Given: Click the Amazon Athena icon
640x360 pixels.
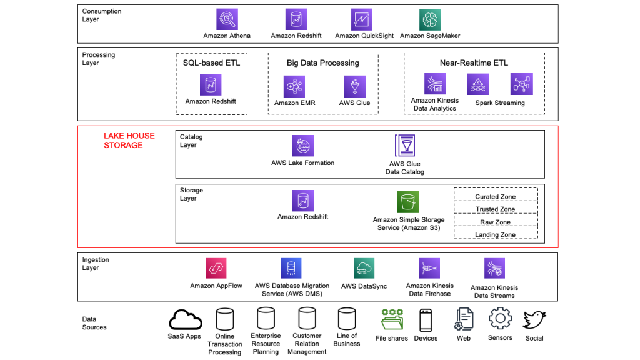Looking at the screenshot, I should (x=227, y=19).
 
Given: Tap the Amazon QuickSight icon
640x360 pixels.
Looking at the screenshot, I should (x=362, y=19).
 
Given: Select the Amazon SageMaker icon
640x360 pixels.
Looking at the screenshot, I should (x=429, y=19).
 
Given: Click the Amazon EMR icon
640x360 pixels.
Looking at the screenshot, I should (x=294, y=86).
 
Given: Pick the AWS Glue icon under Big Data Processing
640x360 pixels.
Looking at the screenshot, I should (x=354, y=86).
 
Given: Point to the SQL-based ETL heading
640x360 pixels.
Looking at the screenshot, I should (x=211, y=62).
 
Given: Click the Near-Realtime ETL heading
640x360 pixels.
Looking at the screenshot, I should (x=474, y=62).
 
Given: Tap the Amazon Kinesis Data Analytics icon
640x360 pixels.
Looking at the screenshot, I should (x=434, y=84).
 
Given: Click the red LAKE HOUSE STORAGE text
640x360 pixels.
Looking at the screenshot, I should (x=129, y=141).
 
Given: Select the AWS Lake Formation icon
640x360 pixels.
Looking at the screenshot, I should (x=303, y=146).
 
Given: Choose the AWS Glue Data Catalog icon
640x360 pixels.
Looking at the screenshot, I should (x=405, y=146).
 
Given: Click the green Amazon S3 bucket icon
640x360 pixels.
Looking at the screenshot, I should (x=408, y=202).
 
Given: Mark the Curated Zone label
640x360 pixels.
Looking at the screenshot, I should (x=495, y=197).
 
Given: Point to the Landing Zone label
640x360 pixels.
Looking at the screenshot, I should (x=495, y=235).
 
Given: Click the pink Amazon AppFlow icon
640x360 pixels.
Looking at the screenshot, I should (x=216, y=268).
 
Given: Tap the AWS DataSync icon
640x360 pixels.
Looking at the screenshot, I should (x=364, y=269).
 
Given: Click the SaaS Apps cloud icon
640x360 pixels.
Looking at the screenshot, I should (x=185, y=320).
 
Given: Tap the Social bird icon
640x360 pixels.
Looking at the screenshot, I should (x=534, y=320).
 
